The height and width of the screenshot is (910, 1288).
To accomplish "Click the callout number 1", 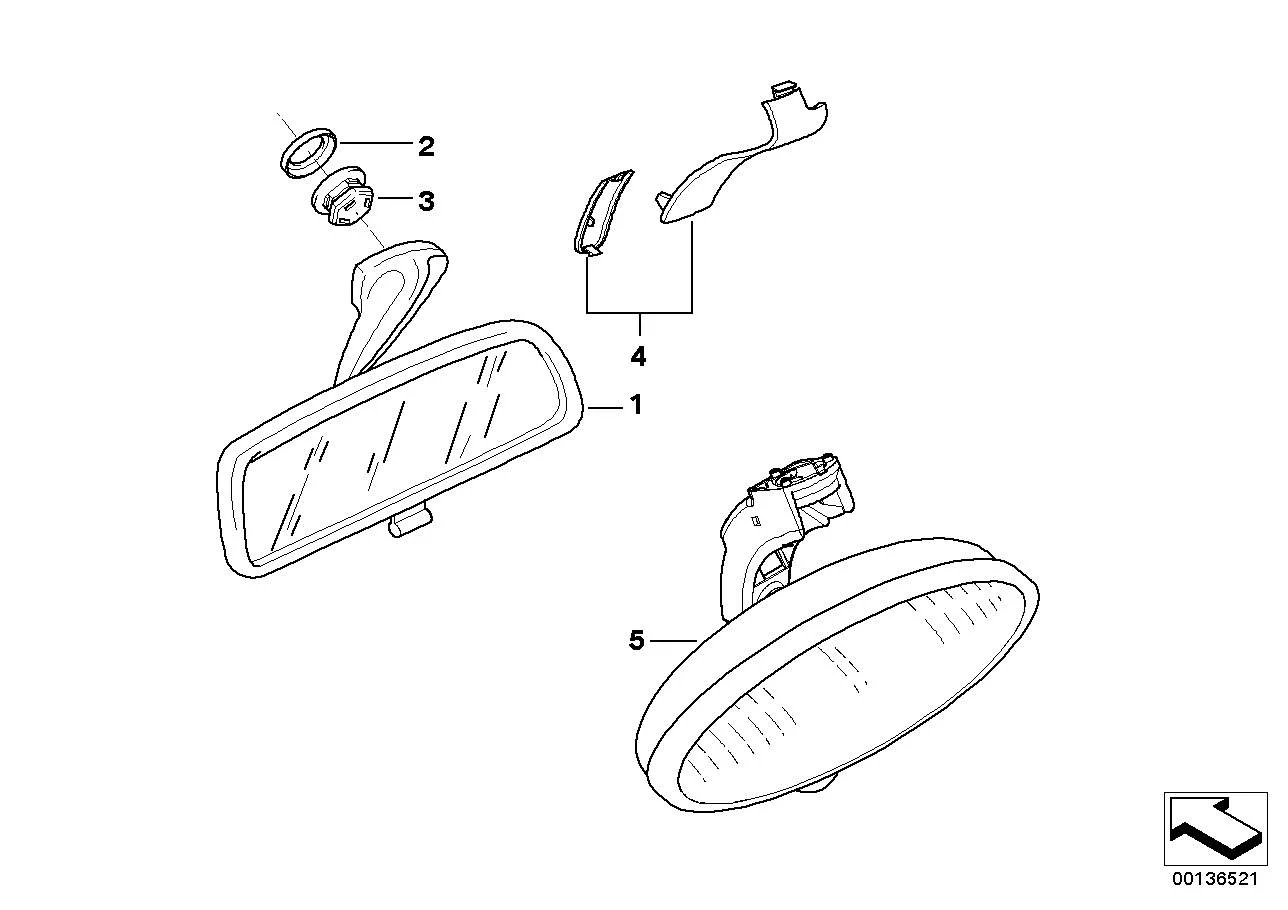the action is point(635,405).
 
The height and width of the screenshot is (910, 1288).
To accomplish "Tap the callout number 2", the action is point(426,147).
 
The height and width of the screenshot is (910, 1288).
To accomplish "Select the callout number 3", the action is point(426,201).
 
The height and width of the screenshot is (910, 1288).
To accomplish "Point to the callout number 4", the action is point(638,357).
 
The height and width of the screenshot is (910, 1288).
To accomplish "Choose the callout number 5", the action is point(637,640).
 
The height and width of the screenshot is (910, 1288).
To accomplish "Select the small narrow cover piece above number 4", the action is point(601,212).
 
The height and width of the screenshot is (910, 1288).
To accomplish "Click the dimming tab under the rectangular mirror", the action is point(410,521).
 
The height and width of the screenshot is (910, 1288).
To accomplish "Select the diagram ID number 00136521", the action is point(1216,879).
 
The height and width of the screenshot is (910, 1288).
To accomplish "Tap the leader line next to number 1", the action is point(605,408).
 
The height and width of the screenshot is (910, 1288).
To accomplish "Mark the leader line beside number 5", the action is point(674,640).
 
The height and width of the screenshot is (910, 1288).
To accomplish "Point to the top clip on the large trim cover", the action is point(784,89).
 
